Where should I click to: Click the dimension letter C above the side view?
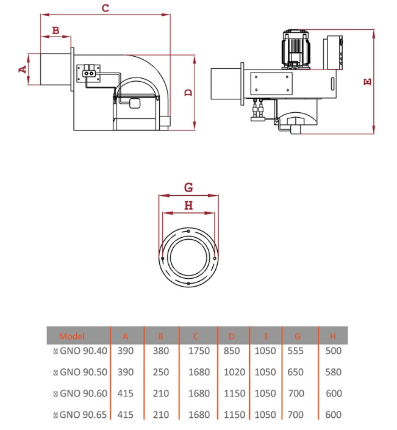click(106, 8)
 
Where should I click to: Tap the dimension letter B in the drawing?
click(55, 30)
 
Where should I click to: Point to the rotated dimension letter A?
click(23, 70)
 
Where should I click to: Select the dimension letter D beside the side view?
click(188, 93)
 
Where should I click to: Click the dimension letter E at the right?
click(368, 82)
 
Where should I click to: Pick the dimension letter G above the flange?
click(188, 188)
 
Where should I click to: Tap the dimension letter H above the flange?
click(188, 205)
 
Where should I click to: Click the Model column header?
click(72, 336)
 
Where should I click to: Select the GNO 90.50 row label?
click(84, 372)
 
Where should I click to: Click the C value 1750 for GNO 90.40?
click(199, 351)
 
